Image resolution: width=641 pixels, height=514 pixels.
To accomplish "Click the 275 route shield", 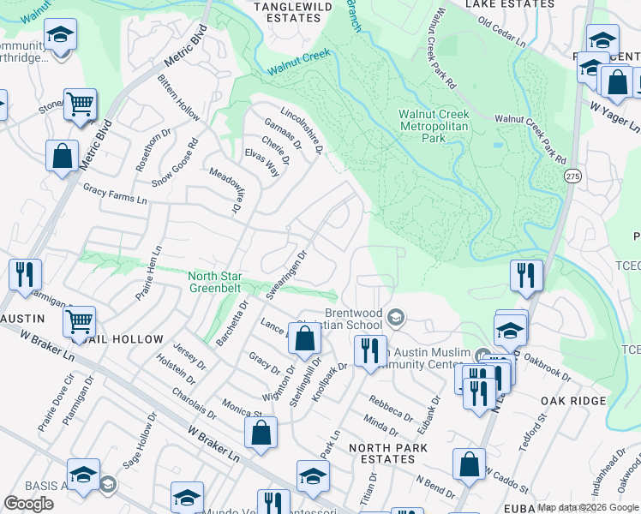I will click(572, 175).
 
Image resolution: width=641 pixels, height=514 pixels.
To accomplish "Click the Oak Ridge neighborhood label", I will click(573, 401).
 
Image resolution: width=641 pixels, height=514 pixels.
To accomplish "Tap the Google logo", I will click(28, 504).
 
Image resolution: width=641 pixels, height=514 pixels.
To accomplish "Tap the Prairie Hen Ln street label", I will click(148, 273).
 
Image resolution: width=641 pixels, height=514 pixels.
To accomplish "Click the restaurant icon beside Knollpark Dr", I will click(370, 351).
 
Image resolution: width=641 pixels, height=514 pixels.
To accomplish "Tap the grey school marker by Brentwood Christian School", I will click(395, 319).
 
